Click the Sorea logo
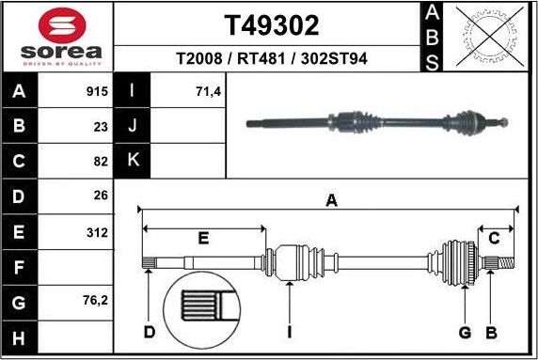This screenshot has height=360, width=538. (57, 38)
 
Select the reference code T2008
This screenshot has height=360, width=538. (199, 59)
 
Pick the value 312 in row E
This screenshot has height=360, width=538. (97, 231)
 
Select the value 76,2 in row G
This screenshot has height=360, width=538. (95, 301)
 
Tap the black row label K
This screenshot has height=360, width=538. (133, 161)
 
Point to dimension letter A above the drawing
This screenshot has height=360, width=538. (331, 199)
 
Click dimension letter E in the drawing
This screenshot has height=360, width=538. (203, 239)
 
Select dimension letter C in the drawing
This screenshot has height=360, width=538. (493, 238)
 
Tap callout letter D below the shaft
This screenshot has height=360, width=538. (150, 332)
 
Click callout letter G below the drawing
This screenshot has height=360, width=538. (464, 332)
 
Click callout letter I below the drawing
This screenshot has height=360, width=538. (290, 332)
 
